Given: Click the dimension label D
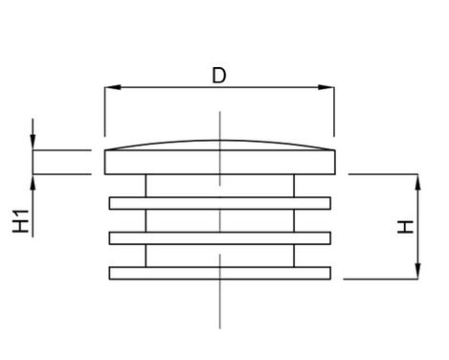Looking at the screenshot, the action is click(x=219, y=76).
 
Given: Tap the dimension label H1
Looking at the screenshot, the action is click(x=21, y=221).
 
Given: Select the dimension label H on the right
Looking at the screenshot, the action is click(x=405, y=227).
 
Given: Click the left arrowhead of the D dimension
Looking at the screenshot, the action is click(x=113, y=87).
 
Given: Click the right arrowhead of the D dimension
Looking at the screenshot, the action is click(x=326, y=87).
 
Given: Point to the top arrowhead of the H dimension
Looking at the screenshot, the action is click(x=418, y=182).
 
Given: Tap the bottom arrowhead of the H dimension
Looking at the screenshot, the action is click(x=418, y=271).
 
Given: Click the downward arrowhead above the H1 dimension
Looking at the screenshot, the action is click(x=33, y=142).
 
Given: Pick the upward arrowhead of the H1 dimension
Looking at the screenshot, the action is click(x=33, y=182).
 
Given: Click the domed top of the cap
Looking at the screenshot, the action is click(x=220, y=141).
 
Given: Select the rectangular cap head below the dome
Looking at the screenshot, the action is click(x=220, y=162).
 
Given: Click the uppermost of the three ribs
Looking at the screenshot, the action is click(x=220, y=203).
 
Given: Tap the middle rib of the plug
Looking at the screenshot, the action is click(x=220, y=238).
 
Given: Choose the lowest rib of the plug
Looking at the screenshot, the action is click(x=220, y=273).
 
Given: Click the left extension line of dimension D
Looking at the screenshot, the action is click(x=104, y=111).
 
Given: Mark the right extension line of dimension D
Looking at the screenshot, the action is click(x=334, y=111).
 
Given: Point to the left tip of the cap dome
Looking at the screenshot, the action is click(x=105, y=149).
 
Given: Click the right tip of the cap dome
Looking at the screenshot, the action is click(x=335, y=149).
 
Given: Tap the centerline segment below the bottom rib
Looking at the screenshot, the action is click(x=220, y=304).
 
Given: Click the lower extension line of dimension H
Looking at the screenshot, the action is click(x=381, y=279).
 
